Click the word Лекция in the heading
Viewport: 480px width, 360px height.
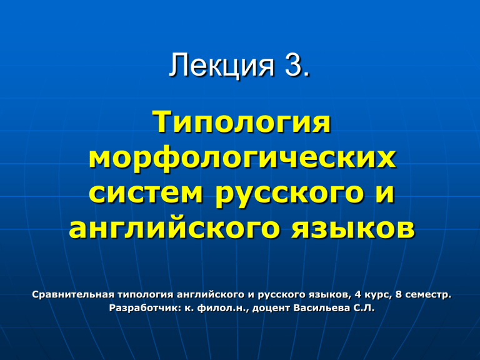222,66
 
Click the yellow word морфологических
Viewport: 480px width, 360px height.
242,159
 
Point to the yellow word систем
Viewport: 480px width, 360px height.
146,194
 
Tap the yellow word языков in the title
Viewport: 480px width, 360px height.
352,228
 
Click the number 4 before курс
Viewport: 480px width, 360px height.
358,295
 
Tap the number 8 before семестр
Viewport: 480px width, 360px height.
398,295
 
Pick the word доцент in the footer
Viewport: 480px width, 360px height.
271,308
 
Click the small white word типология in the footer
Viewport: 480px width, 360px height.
146,295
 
